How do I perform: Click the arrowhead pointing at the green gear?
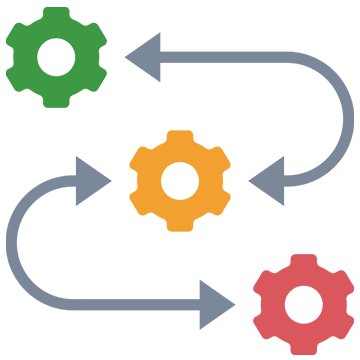click(135, 56)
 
